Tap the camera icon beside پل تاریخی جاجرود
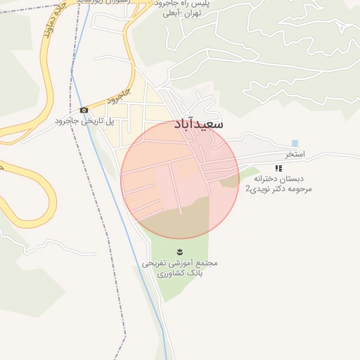click(84, 110)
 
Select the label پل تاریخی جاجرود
click(85, 121)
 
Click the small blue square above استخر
click(295, 143)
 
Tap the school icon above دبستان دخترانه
click(278, 169)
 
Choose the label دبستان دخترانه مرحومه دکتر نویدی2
click(278, 184)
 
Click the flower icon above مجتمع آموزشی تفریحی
click(180, 252)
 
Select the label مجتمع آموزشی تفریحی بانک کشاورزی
click(180, 267)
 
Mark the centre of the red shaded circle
click(180, 179)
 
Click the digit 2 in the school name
click(247, 190)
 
